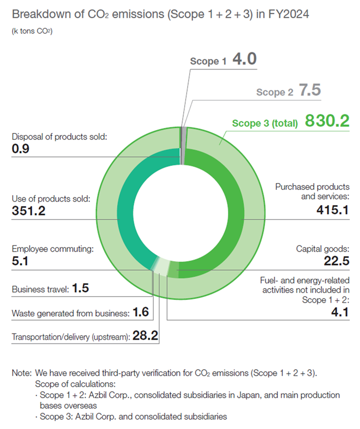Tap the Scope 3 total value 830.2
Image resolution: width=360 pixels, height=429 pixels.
tap(326, 122)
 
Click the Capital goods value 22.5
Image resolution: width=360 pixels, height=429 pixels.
tap(336, 261)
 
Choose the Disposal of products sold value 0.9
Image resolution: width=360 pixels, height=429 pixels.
tap(20, 149)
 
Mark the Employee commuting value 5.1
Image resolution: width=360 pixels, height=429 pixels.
tap(20, 261)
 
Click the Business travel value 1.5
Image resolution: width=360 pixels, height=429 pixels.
tap(81, 289)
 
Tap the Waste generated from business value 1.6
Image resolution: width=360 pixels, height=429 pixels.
tap(141, 312)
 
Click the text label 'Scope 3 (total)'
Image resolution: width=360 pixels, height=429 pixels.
tap(265, 124)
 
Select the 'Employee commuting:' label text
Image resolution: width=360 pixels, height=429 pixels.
tap(52, 249)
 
